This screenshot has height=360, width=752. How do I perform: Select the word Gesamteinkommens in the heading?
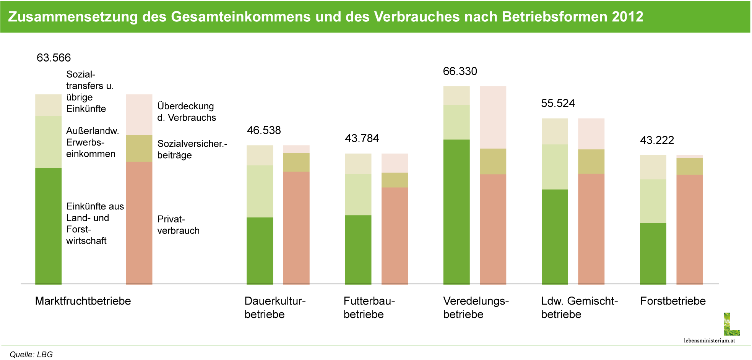point(240,17)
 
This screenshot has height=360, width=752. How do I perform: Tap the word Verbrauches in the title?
point(417,17)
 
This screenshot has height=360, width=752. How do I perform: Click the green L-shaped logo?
point(731,325)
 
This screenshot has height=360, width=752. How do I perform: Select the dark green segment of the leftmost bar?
point(49,225)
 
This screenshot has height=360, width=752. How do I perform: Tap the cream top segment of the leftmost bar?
point(49,105)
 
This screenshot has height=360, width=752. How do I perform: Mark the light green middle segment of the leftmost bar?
point(49,142)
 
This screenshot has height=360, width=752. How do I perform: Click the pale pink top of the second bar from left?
point(139,115)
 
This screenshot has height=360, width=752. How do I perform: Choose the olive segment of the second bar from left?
point(139,148)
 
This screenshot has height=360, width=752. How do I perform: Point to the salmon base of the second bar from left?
point(139,222)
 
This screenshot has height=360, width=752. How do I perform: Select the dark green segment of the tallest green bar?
point(456,211)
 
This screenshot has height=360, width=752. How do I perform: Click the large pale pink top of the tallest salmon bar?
point(493,117)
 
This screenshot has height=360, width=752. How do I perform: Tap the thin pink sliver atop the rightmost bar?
point(690,157)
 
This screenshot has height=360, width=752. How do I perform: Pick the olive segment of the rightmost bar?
point(690,167)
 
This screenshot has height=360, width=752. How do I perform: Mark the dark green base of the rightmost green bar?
point(653,253)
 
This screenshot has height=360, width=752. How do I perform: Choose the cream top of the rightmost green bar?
point(653,167)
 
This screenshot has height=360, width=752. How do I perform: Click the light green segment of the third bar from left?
point(260,191)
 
